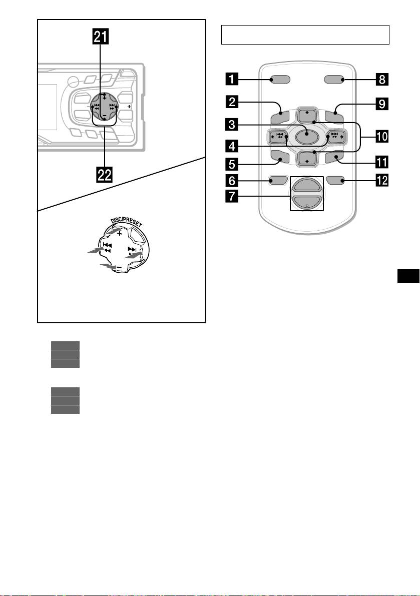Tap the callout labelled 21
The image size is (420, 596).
click(104, 37)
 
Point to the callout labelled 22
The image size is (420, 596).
click(104, 175)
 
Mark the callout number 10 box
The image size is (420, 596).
click(383, 136)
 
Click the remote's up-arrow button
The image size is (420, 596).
click(306, 115)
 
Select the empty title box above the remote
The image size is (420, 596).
click(305, 35)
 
